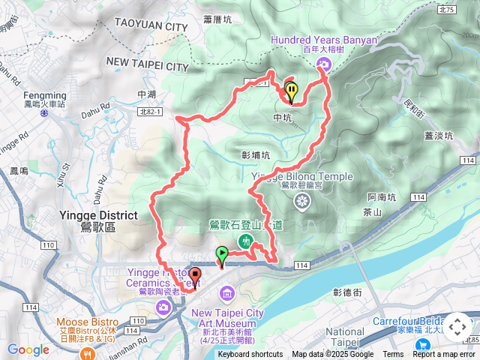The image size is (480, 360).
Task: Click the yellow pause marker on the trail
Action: pyautogui.click(x=291, y=90)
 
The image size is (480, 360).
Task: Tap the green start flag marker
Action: pyautogui.click(x=222, y=255)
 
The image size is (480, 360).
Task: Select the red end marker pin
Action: pyautogui.click(x=195, y=276)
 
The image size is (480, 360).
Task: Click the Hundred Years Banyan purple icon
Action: pyautogui.click(x=323, y=64)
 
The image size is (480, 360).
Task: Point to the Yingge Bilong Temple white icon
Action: pyautogui.click(x=302, y=200)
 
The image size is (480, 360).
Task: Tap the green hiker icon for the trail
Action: pyautogui.click(x=245, y=241)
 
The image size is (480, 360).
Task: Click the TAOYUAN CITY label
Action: pyautogui.click(x=151, y=27)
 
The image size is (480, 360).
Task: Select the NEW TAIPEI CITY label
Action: pyautogui.click(x=147, y=67)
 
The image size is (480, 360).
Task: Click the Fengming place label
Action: pyautogui.click(x=46, y=96)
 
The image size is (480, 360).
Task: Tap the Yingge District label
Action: pyautogui.click(x=97, y=215)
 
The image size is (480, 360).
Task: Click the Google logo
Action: pyautogui.click(x=28, y=349)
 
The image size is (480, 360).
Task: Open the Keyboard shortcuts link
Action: pyautogui.click(x=250, y=355)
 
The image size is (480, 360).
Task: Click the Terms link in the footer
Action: pyautogui.click(x=393, y=355)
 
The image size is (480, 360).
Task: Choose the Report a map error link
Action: pyautogui.click(x=444, y=355)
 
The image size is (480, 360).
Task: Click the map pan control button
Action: pyautogui.click(x=457, y=328)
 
